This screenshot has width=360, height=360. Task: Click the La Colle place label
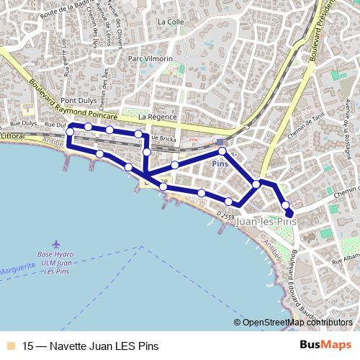point(171,22)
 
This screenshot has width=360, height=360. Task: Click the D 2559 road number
point(225,215)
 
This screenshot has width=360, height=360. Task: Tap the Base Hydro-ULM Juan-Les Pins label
point(57,263)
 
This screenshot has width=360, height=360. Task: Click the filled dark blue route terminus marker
point(289,213)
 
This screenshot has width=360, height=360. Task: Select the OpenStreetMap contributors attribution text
point(297,323)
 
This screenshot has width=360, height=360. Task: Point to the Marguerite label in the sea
point(17,268)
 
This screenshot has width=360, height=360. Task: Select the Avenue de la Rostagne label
point(347,115)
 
